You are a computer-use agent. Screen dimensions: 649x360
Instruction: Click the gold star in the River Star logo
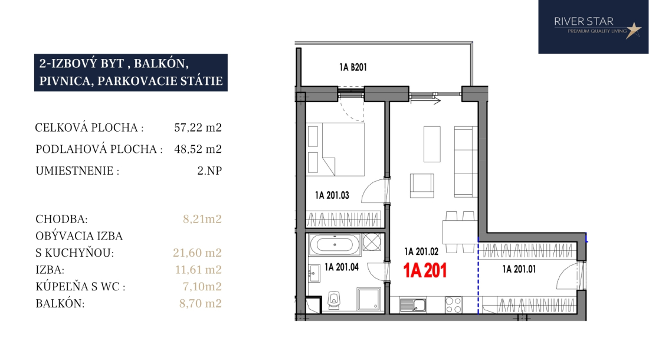coord(633,30)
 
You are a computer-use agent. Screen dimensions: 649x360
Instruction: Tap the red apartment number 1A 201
coord(425,271)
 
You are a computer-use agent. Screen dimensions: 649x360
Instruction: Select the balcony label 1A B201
coord(353,67)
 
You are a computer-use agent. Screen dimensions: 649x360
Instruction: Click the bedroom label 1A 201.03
coord(332,195)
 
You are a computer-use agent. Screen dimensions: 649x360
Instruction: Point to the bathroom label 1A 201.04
coord(342,267)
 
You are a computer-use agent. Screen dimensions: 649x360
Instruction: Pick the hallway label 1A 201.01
coord(519,269)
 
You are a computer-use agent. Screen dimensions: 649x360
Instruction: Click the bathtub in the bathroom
coord(335,245)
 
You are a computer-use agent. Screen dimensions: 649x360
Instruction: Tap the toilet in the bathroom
coord(333,300)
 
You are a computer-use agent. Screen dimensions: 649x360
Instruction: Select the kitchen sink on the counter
coord(413,305)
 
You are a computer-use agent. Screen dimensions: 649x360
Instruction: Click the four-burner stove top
coord(453,305)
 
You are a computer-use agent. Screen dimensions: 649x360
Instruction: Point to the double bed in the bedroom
coord(336,149)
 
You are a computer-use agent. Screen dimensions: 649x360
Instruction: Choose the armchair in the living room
coord(422,186)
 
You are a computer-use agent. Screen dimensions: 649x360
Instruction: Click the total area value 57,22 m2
coord(198,127)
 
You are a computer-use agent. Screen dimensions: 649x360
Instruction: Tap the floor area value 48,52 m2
coord(198,149)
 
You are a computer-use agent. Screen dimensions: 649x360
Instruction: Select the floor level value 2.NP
coord(209,171)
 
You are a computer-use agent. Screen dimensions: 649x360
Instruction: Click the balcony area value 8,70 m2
coord(201,303)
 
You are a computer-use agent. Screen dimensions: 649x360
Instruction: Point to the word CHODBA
coord(62,219)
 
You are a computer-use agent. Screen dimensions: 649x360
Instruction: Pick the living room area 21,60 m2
coord(198,253)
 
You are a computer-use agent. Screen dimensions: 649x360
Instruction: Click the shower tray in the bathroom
coord(369,299)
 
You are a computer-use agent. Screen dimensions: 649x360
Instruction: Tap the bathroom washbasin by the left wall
coord(314,273)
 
